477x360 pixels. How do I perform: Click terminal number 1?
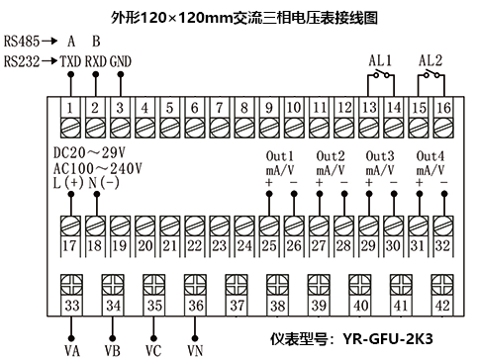tap(71, 107)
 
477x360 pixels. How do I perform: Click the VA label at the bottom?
tap(72, 349)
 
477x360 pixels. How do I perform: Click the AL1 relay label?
tap(380, 60)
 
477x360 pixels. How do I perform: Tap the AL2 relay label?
tap(429, 60)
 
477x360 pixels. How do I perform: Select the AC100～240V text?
tap(98, 168)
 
